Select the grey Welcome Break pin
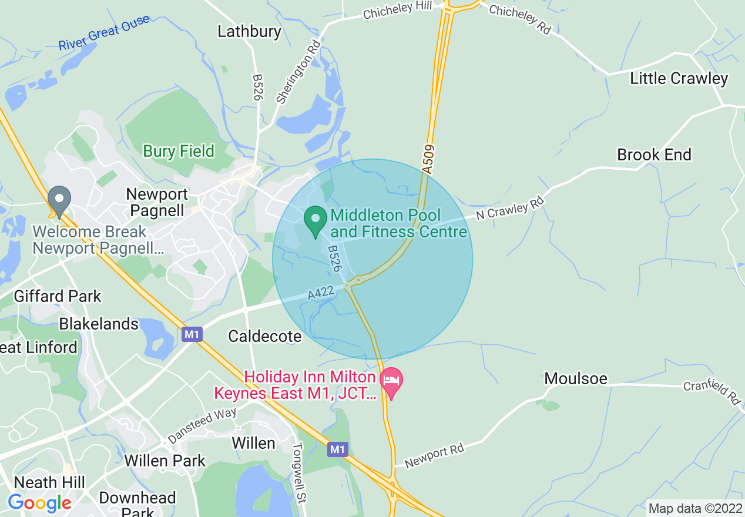coord(59,202)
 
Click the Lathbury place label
coord(249,31)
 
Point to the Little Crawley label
coord(679,78)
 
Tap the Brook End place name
coord(654,155)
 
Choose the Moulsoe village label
coord(576,378)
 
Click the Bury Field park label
coord(179,151)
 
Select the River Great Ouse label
coord(104,33)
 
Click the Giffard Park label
coord(58,296)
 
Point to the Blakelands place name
coord(99,324)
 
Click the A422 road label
coord(321,293)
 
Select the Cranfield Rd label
coord(712,392)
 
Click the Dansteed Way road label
coord(202,426)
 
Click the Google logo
coord(39,503)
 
